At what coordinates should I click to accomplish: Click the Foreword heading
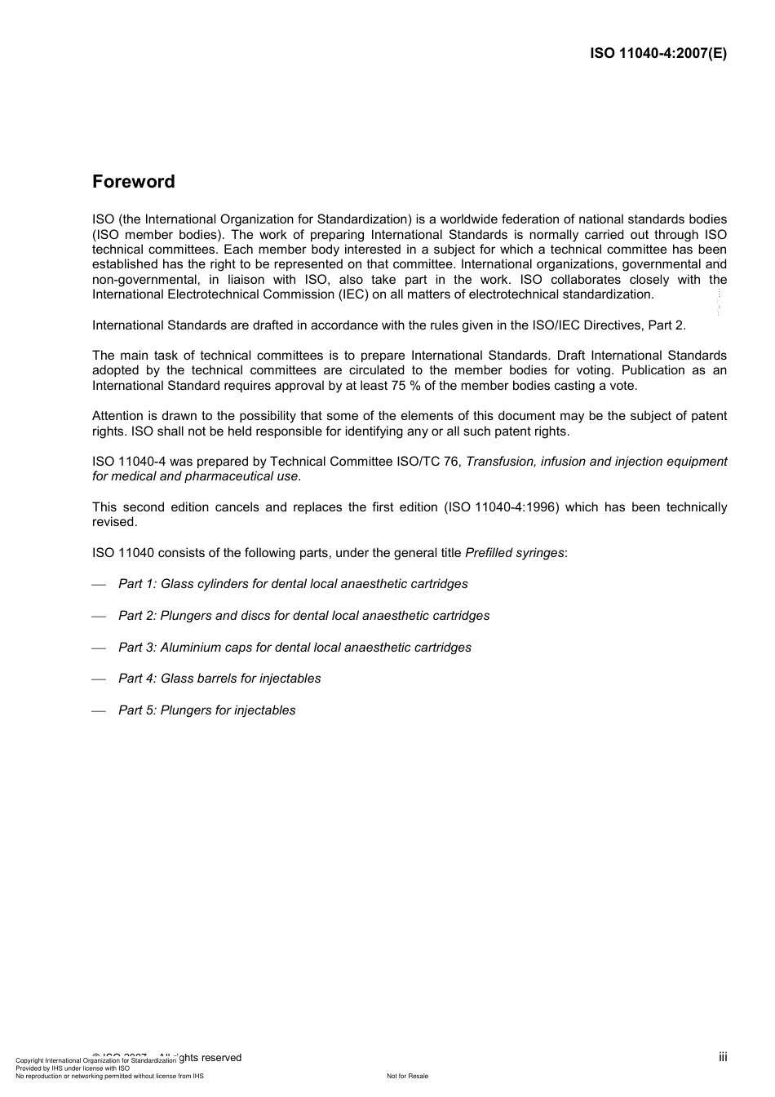pos(133,182)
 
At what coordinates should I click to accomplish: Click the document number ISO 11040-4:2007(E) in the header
pos(658,54)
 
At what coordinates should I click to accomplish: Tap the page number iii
pos(723,1057)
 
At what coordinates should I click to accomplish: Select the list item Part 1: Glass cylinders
pos(293,584)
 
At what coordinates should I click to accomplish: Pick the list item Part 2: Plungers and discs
pos(303,616)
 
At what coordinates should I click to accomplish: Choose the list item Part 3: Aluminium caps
pos(294,648)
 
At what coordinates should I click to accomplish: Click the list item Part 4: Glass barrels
pos(219,679)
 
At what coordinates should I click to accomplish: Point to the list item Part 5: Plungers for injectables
pos(206,710)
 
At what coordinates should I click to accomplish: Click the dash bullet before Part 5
pos(99,711)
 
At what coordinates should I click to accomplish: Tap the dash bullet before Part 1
pos(99,585)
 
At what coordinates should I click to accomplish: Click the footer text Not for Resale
pos(407,1077)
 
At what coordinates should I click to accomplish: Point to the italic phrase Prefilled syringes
pos(514,553)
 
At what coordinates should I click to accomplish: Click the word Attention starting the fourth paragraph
pos(117,416)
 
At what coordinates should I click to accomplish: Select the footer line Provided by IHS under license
pos(73,1068)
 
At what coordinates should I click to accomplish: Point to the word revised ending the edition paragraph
pos(114,522)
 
